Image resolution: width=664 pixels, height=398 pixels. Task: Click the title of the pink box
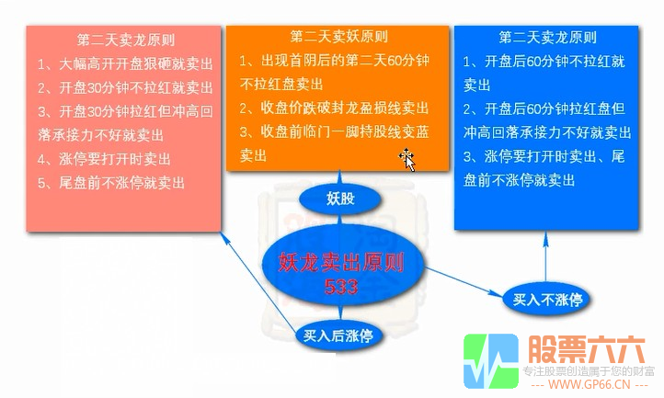(126, 40)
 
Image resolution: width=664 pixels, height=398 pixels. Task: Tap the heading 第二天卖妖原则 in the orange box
(338, 38)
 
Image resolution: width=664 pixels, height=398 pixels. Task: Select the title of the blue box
(547, 39)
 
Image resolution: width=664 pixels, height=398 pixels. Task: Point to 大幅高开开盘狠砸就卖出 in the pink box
(125, 65)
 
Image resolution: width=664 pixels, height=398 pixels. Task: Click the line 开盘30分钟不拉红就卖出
(125, 89)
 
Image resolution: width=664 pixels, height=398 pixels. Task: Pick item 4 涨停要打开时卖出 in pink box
(110, 160)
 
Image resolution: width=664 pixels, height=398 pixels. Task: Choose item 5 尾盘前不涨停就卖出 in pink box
(118, 183)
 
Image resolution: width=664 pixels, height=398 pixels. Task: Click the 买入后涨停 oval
(338, 336)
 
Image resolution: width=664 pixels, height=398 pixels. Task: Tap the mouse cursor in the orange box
(406, 160)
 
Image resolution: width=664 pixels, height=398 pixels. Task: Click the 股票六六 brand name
(587, 349)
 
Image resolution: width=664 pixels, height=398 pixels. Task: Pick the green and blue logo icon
(491, 361)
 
